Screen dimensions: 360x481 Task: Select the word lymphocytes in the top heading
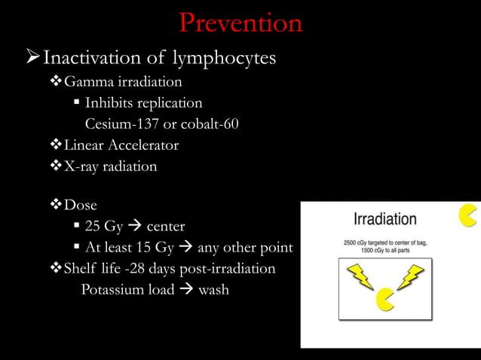[233, 58]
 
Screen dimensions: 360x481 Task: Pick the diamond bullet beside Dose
[57, 205]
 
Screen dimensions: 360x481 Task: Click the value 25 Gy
[103, 226]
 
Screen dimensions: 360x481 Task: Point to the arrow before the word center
[135, 227]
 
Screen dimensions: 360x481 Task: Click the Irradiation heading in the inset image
[385, 220]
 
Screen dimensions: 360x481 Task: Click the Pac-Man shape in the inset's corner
[468, 215]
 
